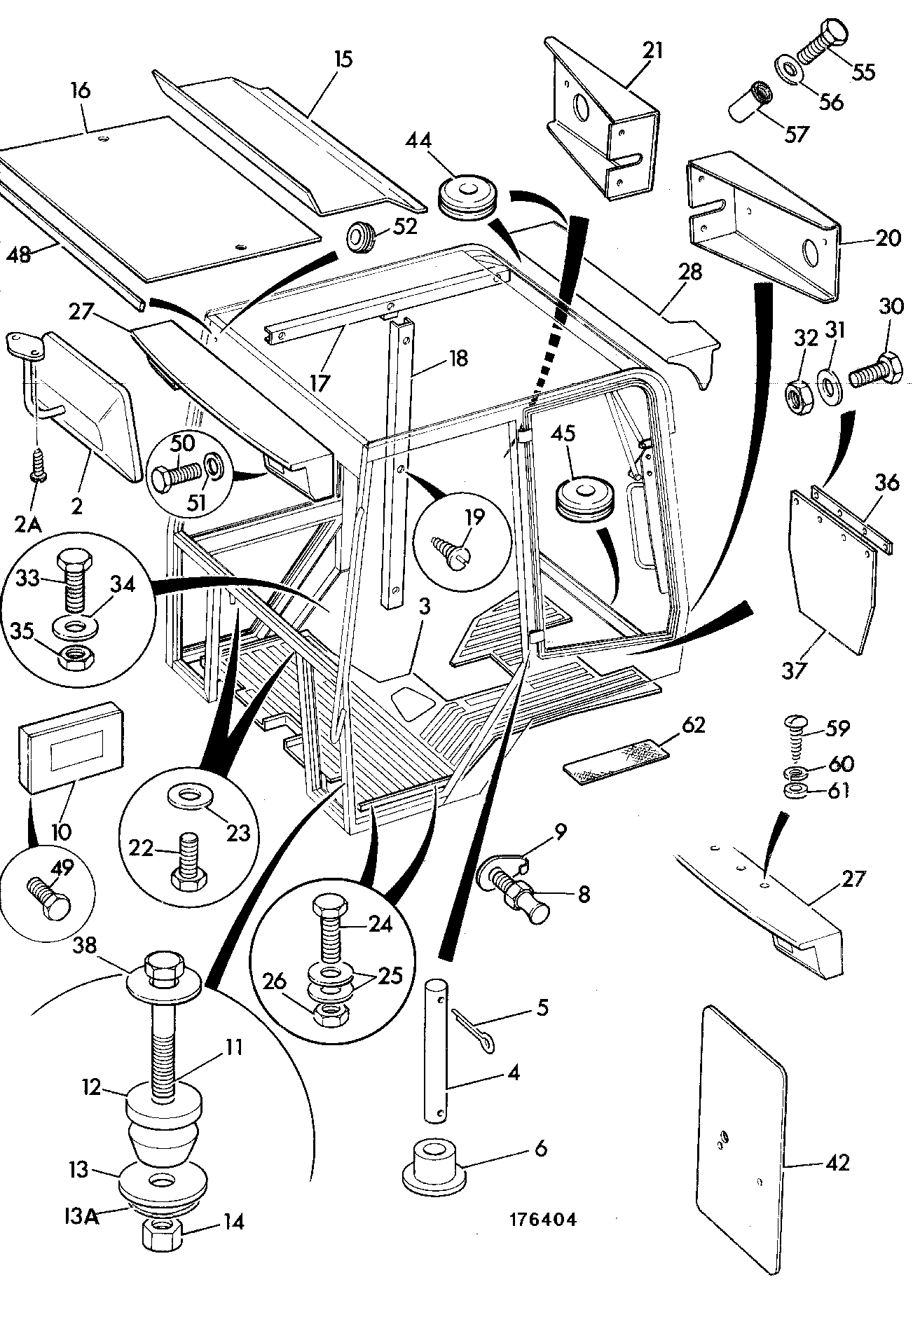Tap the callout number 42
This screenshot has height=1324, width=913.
click(837, 1164)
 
